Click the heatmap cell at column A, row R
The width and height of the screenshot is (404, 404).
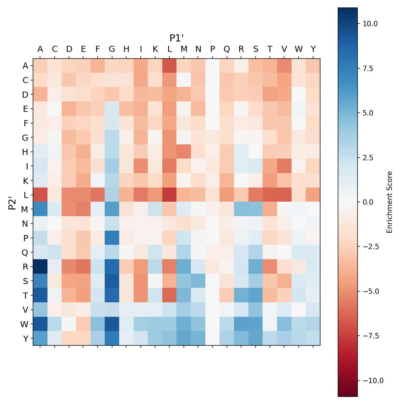point(40,266)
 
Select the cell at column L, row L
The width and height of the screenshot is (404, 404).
point(169,195)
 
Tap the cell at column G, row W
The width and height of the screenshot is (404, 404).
point(112,324)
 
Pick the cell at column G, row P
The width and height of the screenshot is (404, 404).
point(112,238)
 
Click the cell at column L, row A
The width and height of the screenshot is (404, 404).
point(169,66)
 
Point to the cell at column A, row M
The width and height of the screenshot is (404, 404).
point(40,209)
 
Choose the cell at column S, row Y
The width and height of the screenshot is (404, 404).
point(256,338)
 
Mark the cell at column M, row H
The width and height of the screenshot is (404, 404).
point(184,152)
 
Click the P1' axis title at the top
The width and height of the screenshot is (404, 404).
point(176,38)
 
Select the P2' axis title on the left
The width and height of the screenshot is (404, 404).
point(12,202)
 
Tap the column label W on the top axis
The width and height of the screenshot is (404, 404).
point(299,49)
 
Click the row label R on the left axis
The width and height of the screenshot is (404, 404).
point(25,266)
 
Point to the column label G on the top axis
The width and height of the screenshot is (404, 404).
point(112,49)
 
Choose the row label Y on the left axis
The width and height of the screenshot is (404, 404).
point(25,338)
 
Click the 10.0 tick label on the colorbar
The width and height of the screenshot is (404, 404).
point(370,24)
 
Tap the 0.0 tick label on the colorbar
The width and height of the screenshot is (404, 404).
point(369,202)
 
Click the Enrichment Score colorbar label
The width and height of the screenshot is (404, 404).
point(390,202)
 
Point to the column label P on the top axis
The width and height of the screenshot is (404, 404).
point(212,49)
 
